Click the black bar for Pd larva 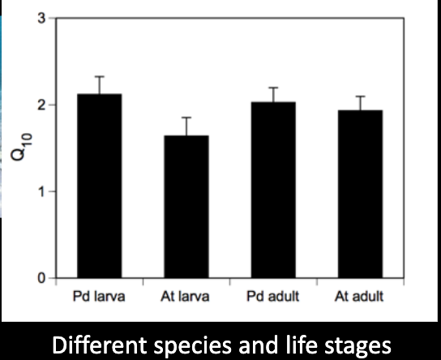[99, 186]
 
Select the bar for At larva [186, 207]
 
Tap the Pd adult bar [273, 191]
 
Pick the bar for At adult [360, 195]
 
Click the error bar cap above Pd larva [99, 76]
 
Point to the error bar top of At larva [186, 118]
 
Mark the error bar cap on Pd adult [273, 88]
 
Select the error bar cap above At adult [360, 96]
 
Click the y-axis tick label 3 [41, 18]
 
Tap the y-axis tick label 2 [41, 105]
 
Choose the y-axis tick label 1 [41, 191]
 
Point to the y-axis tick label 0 [41, 279]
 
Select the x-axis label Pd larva [99, 297]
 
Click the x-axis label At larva [186, 297]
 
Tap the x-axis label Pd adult [273, 297]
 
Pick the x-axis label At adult [360, 297]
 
